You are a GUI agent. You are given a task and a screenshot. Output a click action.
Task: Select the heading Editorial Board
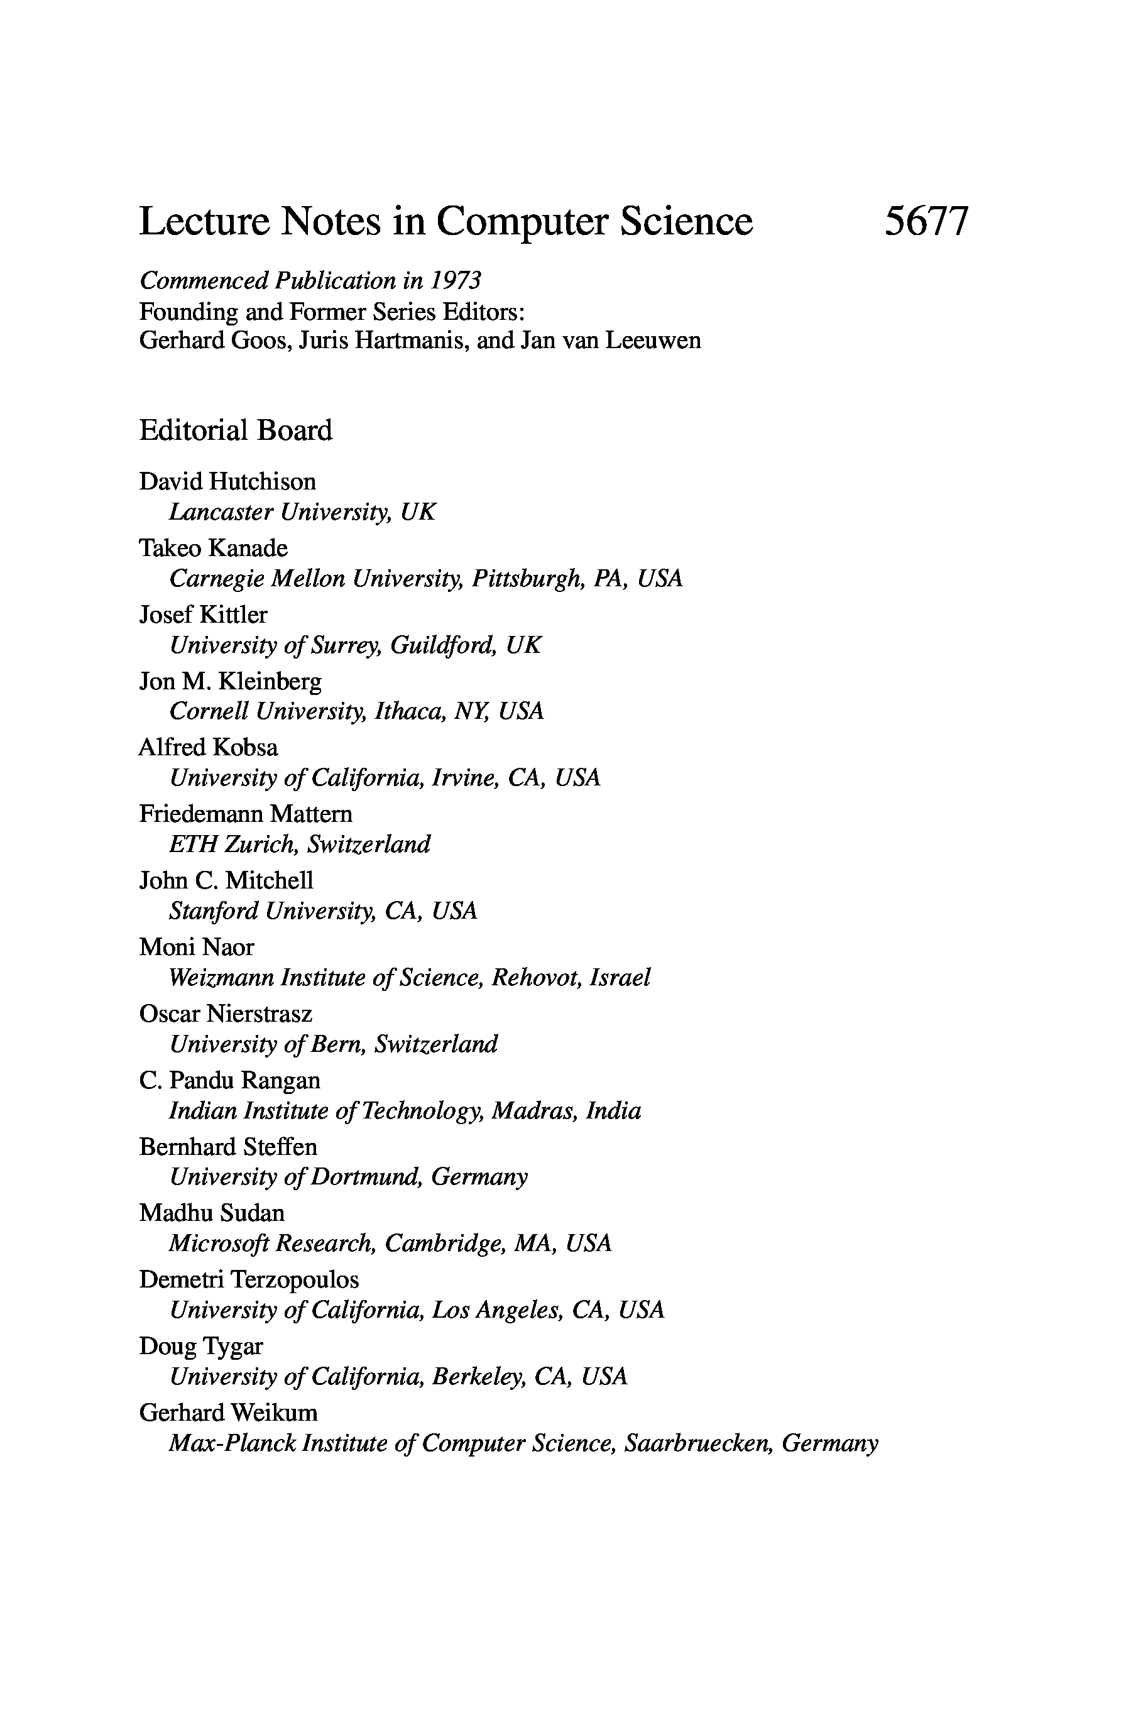tap(235, 430)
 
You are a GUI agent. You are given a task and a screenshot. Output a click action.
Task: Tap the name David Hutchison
tap(227, 481)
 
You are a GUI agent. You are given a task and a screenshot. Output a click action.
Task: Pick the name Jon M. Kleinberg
tap(230, 681)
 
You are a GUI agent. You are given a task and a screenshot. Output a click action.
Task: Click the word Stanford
tap(214, 910)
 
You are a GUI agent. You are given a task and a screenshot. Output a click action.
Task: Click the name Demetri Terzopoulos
tap(248, 1279)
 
